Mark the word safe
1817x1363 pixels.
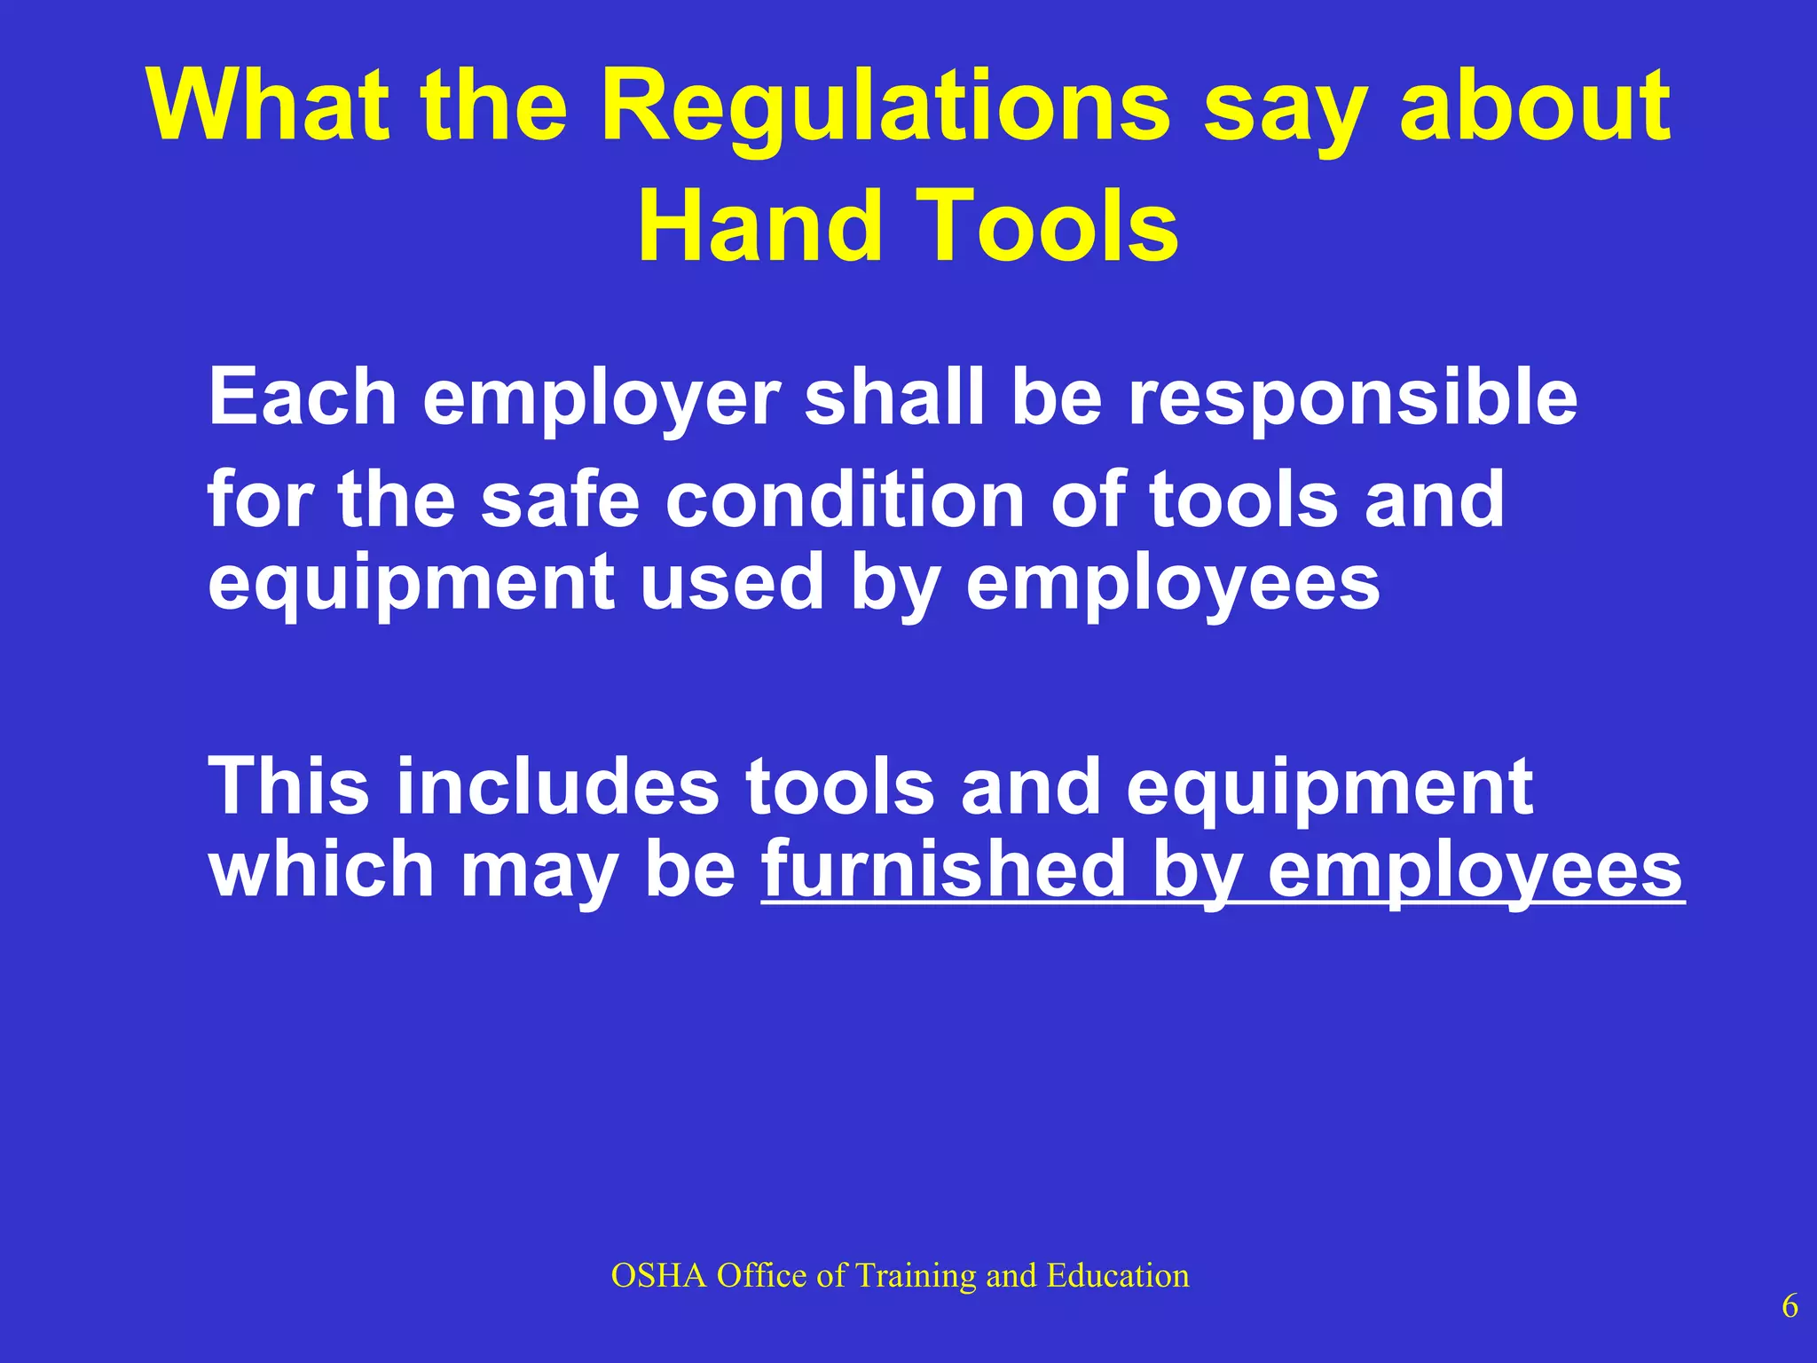tap(560, 499)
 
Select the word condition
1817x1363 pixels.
tap(846, 499)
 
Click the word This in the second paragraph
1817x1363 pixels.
tap(288, 785)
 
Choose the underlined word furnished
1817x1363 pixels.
tap(943, 869)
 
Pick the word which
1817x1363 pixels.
tap(320, 869)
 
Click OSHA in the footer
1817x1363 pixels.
tap(658, 1276)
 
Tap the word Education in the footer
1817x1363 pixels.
tap(1118, 1276)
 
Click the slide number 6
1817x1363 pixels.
tap(1789, 1307)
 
